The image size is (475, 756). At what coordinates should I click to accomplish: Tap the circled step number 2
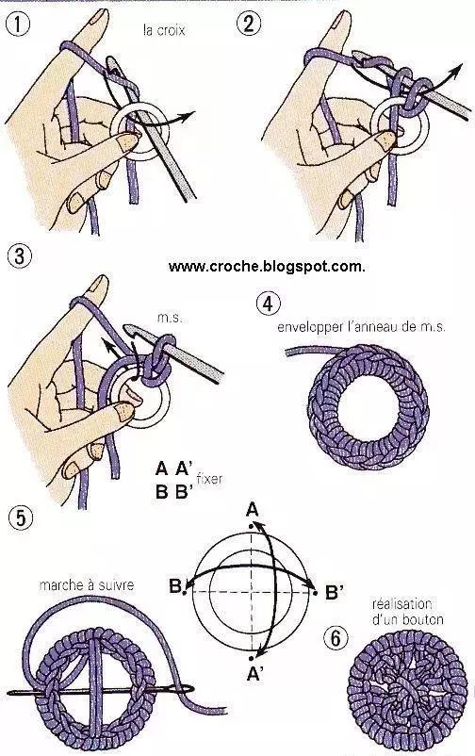tap(249, 24)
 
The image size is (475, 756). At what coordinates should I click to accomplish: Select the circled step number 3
tap(19, 255)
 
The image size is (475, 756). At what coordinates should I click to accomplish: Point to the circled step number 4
tap(269, 304)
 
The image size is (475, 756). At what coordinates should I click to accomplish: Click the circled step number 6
tap(336, 638)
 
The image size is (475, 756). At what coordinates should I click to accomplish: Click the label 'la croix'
tap(164, 30)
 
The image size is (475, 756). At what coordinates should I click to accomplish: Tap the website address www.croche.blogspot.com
tap(267, 266)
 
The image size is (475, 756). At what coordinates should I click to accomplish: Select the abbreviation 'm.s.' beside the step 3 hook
tap(170, 319)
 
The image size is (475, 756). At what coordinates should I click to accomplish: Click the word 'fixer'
tap(210, 479)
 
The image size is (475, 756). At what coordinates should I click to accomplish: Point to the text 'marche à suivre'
tap(87, 584)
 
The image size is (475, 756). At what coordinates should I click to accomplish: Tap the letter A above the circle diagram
tap(253, 509)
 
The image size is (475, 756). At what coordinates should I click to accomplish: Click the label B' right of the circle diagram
tap(335, 592)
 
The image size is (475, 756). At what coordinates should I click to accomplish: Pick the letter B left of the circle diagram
tap(175, 586)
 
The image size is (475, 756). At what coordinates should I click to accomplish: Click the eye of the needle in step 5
tap(177, 690)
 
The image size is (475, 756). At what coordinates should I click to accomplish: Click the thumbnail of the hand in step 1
tap(128, 140)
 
